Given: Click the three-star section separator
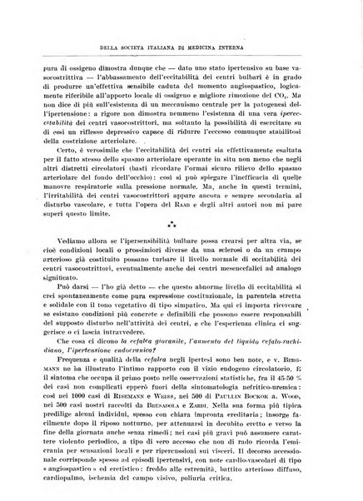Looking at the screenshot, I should (181, 225).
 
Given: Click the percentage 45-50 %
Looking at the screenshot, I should (297, 355).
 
